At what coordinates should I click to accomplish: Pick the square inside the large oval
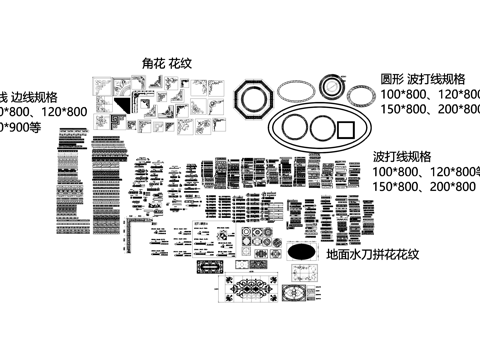348,129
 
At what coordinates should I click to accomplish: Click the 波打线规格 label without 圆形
402,157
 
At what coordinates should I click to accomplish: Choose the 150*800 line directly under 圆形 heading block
426,108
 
